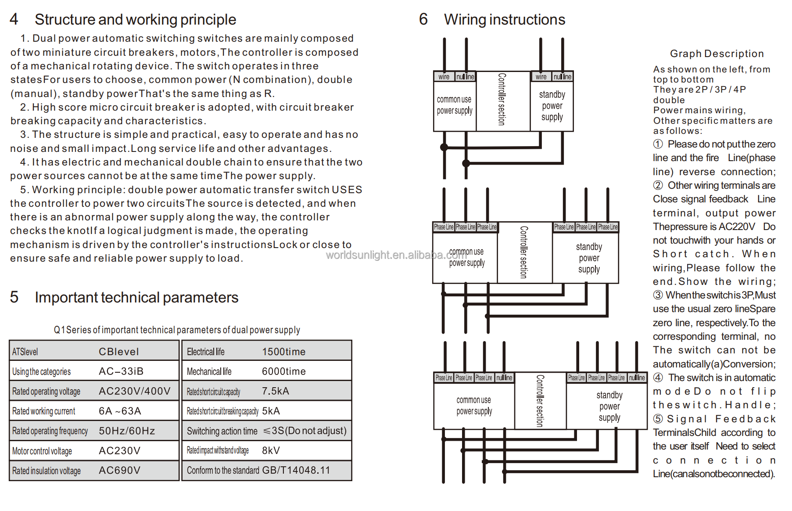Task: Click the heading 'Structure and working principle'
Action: pyautogui.click(x=135, y=20)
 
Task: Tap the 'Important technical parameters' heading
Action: pyautogui.click(x=136, y=298)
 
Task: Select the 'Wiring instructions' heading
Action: pyautogui.click(x=505, y=20)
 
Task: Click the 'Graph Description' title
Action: pyautogui.click(x=717, y=54)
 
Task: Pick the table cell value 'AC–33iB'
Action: pyautogui.click(x=121, y=371)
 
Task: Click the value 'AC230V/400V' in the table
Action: pyautogui.click(x=135, y=391)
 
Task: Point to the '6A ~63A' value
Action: pyautogui.click(x=120, y=411)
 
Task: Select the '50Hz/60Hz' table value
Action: pyautogui.click(x=127, y=431)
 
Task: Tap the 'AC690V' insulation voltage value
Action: pyautogui.click(x=119, y=471)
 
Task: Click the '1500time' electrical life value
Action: pyautogui.click(x=283, y=352)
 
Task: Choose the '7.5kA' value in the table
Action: pyautogui.click(x=276, y=391)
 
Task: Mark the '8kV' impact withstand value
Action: pyautogui.click(x=271, y=450)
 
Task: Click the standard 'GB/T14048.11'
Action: pyautogui.click(x=296, y=470)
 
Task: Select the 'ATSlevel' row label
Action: pyautogui.click(x=25, y=352)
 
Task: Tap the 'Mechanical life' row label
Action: pyautogui.click(x=209, y=371)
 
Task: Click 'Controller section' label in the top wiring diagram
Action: pyautogui.click(x=502, y=99)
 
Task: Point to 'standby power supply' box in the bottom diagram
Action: pyautogui.click(x=609, y=407)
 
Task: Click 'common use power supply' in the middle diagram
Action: pyautogui.click(x=466, y=257)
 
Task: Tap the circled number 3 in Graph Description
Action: pyautogui.click(x=658, y=295)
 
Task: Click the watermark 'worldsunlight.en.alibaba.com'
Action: pyautogui.click(x=396, y=255)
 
